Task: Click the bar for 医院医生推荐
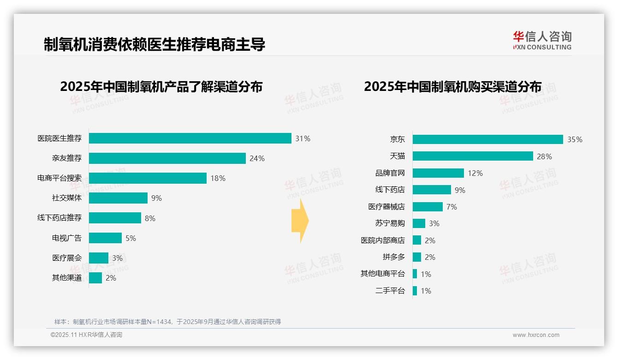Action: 190,138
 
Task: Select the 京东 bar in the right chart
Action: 487,139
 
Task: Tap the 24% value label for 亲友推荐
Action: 257,159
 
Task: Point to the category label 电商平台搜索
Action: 59,178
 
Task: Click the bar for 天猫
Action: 473,156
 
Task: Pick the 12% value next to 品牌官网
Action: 475,173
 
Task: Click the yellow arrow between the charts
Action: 300,221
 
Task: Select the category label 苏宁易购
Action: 390,223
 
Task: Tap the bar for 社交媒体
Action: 118,198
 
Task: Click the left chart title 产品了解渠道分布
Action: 161,87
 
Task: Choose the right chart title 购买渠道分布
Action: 452,87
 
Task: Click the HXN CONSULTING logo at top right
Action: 542,41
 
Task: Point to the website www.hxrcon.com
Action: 536,335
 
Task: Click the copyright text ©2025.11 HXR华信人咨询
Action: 86,335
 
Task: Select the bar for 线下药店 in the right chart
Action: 432,190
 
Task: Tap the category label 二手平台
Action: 390,291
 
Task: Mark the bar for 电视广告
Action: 105,238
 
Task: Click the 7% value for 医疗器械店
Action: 452,207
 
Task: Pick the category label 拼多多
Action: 393,257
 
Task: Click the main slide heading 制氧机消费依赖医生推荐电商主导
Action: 154,45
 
